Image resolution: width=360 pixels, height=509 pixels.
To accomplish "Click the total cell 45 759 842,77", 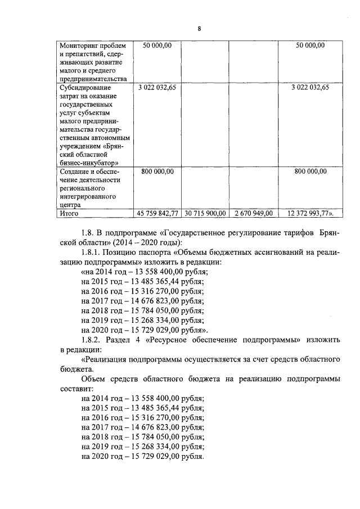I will pos(158,214).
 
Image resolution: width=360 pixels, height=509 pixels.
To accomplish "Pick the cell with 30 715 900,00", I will pos(205,214).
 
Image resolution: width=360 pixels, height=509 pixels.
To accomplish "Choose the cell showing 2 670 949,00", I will pos(253,214).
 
